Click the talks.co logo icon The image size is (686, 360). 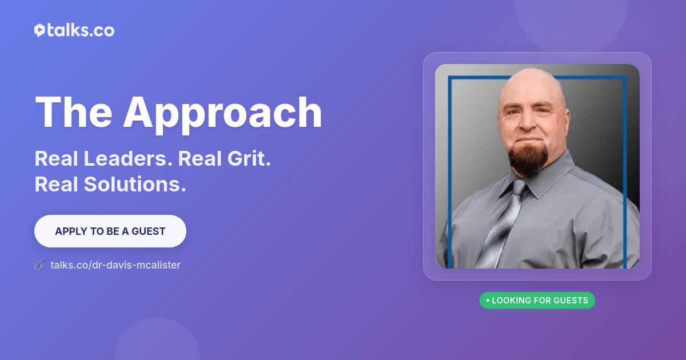(40, 30)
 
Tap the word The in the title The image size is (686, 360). (74, 112)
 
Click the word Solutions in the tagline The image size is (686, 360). (135, 184)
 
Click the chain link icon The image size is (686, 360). (40, 265)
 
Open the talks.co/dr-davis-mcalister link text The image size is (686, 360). (115, 265)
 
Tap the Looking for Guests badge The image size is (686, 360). (537, 301)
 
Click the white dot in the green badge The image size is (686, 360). (488, 301)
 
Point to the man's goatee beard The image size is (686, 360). (528, 160)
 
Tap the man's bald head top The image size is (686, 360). (532, 80)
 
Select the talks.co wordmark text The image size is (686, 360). (81, 30)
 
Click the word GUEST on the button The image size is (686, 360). (149, 231)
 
